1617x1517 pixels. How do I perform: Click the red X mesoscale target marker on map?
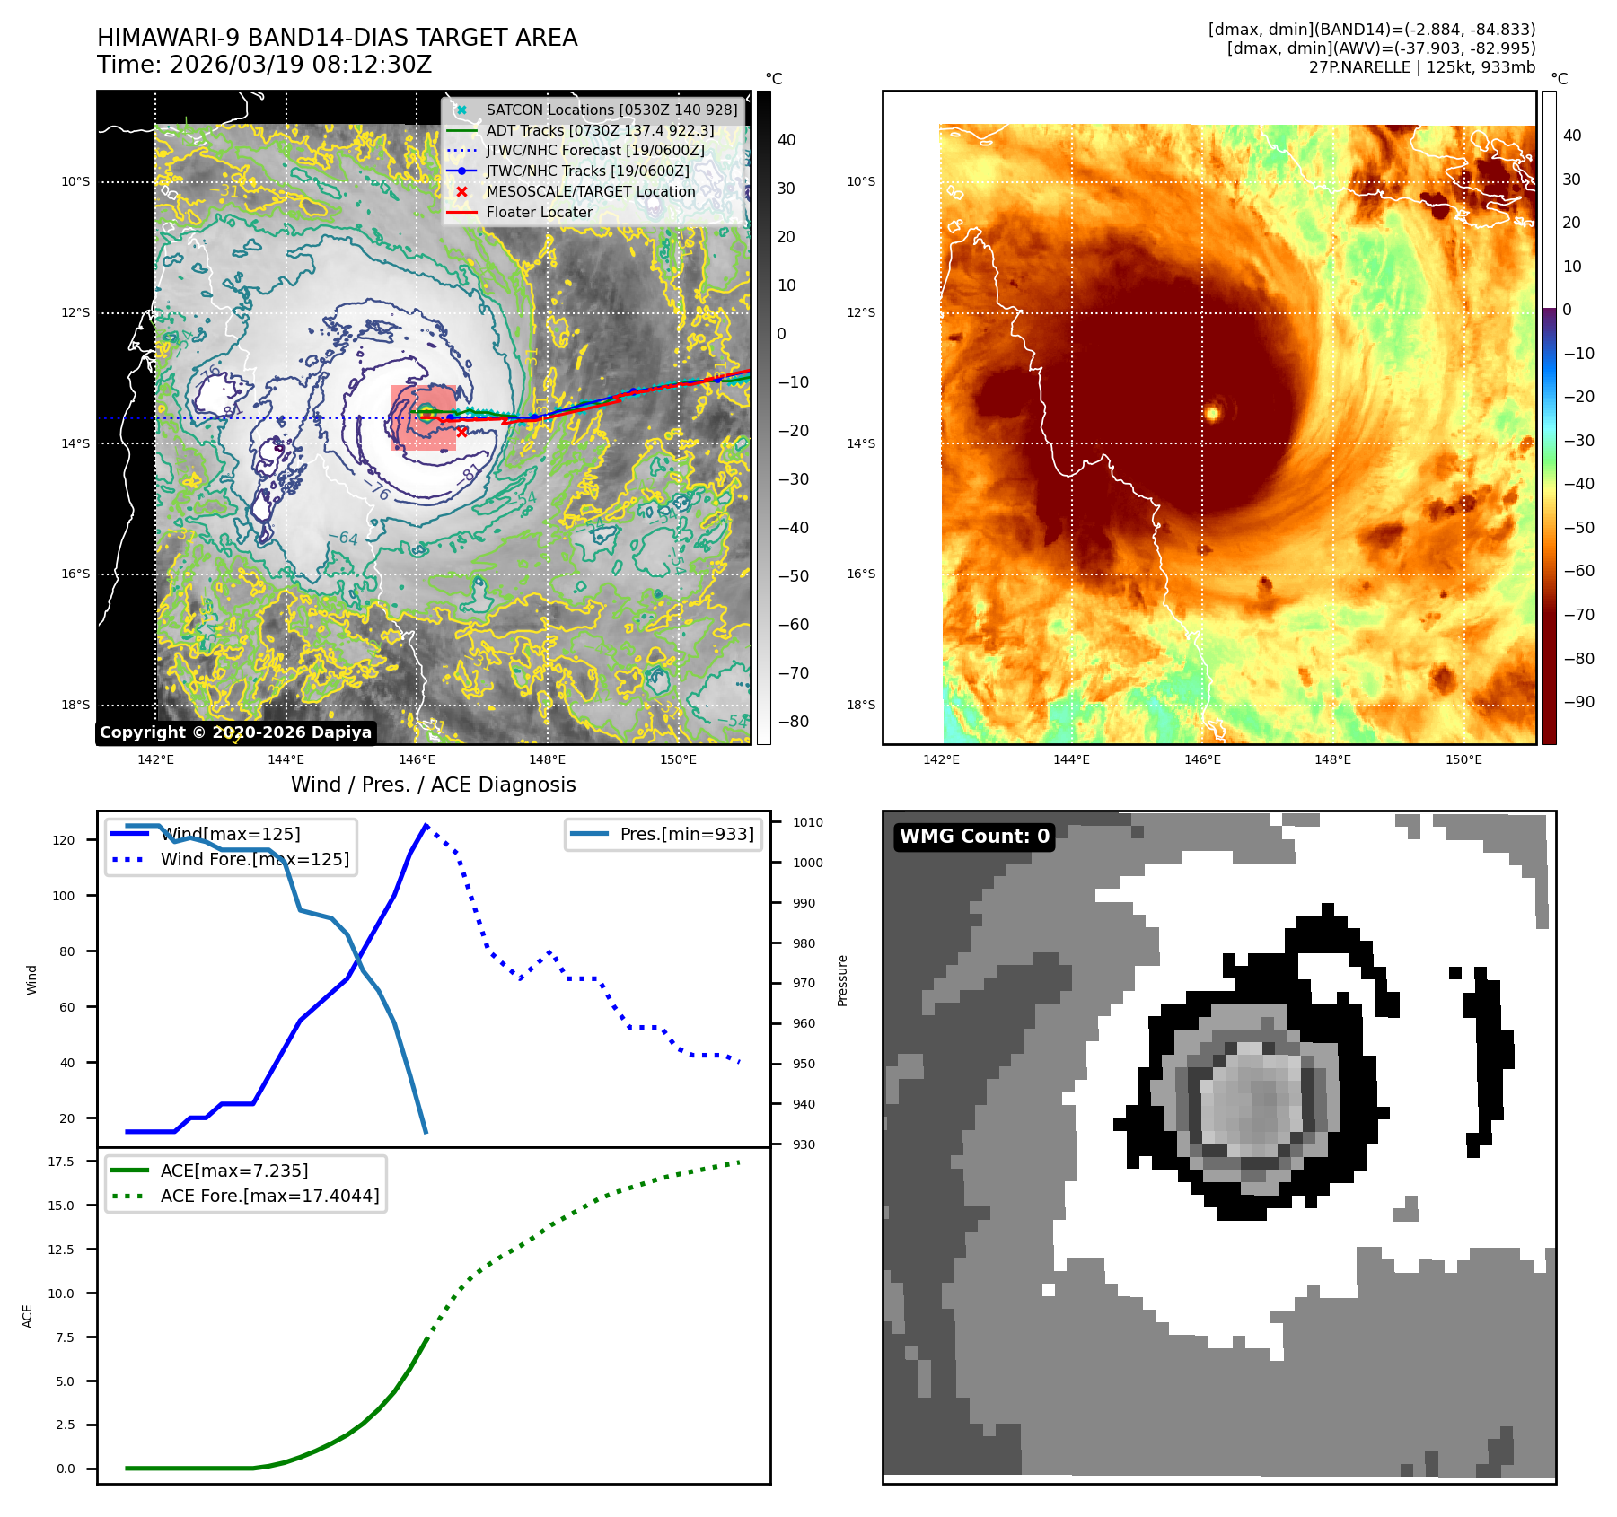[461, 432]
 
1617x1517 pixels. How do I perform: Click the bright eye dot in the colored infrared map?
[1212, 413]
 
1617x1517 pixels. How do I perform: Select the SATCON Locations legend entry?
[611, 110]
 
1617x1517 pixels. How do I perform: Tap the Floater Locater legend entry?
[539, 213]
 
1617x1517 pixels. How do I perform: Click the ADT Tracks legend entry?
[600, 131]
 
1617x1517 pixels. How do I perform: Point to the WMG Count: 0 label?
[974, 837]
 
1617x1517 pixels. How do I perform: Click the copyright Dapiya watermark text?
[235, 732]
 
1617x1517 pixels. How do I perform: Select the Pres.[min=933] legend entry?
[687, 835]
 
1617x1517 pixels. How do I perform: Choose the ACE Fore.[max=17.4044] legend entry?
[269, 1197]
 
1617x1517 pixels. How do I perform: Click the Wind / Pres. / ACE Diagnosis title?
[434, 785]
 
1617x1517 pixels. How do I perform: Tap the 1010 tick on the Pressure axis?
[807, 822]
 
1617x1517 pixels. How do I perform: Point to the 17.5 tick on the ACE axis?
[61, 1162]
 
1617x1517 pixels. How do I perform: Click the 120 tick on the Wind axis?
[64, 840]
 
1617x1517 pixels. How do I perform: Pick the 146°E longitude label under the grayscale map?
[417, 760]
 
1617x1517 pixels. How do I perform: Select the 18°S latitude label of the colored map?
[861, 705]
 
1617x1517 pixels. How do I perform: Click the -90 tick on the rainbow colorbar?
[1578, 702]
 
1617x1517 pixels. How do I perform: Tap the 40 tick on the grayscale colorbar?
[787, 140]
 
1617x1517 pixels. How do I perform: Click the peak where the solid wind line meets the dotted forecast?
[426, 825]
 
